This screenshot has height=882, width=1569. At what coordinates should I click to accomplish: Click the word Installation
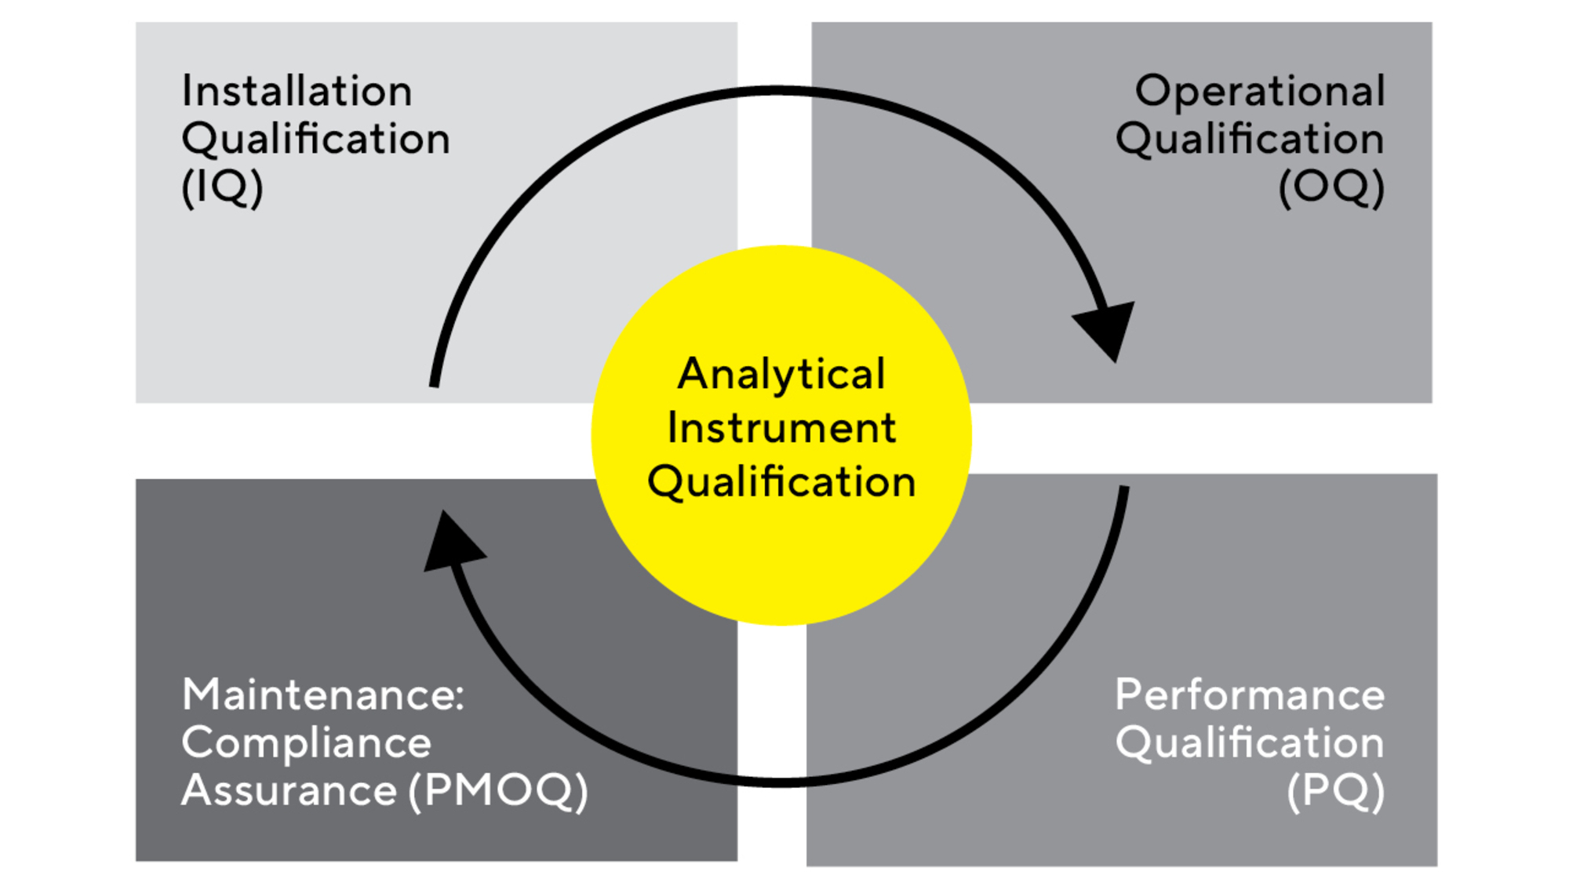click(x=297, y=91)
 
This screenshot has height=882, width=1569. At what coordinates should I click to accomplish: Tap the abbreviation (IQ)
click(x=222, y=187)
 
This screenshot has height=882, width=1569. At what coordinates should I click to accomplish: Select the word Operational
click(x=1260, y=91)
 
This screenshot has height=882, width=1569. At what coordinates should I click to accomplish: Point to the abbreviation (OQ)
click(x=1331, y=187)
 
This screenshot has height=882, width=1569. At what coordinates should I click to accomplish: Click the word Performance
click(x=1250, y=695)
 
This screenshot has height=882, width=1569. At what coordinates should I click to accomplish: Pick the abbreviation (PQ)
click(x=1336, y=790)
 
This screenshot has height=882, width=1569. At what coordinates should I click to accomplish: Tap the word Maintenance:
click(x=323, y=695)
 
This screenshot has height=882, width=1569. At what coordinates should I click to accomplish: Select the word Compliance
click(x=306, y=742)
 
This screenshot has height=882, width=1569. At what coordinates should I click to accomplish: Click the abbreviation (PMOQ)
click(x=498, y=790)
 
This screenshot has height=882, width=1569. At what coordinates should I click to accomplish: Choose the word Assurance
click(x=289, y=790)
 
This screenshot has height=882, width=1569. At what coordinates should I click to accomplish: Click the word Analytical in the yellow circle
click(x=781, y=374)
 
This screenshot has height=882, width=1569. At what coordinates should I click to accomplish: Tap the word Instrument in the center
click(x=781, y=428)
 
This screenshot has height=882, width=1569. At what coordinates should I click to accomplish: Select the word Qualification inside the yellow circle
click(x=781, y=481)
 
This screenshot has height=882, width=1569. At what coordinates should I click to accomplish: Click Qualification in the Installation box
click(x=315, y=140)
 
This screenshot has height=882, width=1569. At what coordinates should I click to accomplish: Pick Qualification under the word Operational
click(x=1250, y=140)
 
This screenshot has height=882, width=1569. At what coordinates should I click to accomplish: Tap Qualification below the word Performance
click(x=1250, y=742)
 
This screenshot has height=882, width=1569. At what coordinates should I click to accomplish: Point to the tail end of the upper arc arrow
click(x=434, y=383)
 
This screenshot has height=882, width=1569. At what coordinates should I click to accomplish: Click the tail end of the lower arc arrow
click(x=1124, y=490)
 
